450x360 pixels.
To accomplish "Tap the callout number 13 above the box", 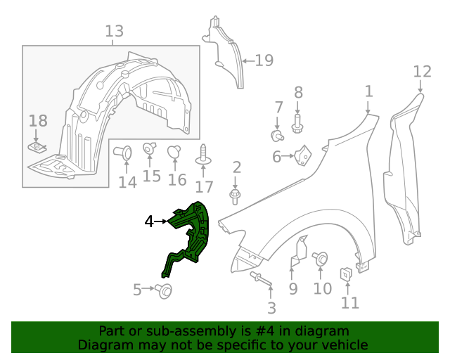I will click(x=114, y=32).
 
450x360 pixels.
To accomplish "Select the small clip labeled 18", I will click(x=38, y=147).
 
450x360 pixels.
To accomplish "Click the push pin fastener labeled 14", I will click(x=124, y=153).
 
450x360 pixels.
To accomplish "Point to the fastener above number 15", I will click(x=150, y=148).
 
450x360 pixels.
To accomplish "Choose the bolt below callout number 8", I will click(x=297, y=124).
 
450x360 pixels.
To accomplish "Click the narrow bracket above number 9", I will click(x=298, y=254).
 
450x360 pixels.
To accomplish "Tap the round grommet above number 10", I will click(x=321, y=259).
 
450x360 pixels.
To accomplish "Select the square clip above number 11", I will click(x=347, y=274).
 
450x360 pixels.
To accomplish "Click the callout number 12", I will click(x=421, y=71).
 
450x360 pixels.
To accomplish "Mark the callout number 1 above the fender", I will click(x=368, y=91).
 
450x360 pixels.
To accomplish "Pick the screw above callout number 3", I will click(x=261, y=279).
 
